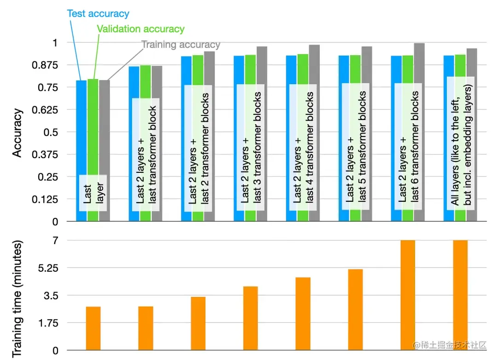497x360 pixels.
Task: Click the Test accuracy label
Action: [98, 13]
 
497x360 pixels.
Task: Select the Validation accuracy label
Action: [140, 29]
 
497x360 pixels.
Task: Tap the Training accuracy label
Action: [180, 45]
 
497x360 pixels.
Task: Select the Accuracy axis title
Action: [17, 132]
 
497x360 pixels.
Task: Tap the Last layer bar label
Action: [93, 193]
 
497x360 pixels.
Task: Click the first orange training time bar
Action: [93, 328]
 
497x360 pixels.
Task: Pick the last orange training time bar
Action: [461, 295]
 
